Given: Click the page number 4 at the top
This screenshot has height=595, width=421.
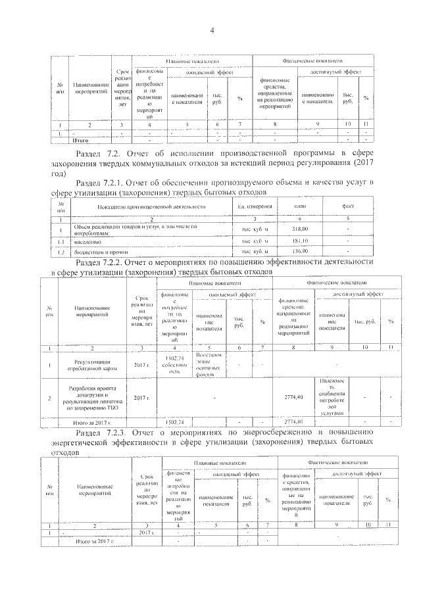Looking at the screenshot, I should coord(212,30).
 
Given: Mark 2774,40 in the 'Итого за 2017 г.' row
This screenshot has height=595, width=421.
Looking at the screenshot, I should coord(293,421).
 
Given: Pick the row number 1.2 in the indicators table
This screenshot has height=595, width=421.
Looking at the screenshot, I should coord(61,251).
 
